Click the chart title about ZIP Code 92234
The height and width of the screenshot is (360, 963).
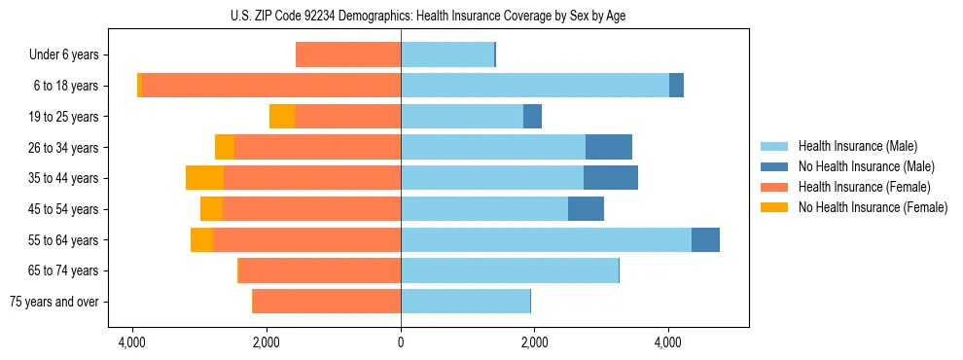pos(400,16)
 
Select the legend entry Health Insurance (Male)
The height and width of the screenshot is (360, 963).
pos(857,146)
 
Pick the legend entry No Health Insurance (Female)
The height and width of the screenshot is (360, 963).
pos(873,207)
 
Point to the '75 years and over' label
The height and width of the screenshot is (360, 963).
pos(54,302)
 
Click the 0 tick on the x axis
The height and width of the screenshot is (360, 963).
pos(401,342)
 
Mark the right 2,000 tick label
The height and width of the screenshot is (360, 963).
pos(534,342)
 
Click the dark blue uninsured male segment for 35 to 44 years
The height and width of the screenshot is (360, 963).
pos(611,178)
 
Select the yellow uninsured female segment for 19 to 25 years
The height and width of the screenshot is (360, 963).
pos(282,117)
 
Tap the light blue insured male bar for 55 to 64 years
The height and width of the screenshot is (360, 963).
pos(546,240)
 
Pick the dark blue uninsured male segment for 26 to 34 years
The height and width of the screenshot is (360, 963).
pos(609,148)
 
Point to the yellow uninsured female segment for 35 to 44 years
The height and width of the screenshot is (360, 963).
pos(204,178)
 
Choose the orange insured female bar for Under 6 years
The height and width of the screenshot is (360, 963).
pos(348,55)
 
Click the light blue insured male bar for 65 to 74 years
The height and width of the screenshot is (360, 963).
pos(510,270)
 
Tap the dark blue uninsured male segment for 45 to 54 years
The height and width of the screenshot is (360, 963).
pos(586,209)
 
